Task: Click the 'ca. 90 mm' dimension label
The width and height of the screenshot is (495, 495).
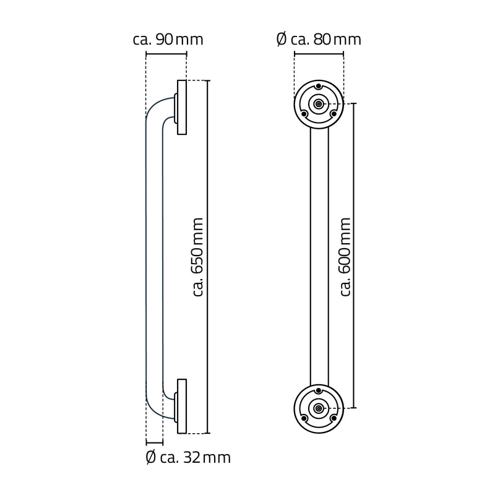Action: click(x=168, y=40)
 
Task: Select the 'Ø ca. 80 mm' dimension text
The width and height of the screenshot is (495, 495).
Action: click(x=318, y=40)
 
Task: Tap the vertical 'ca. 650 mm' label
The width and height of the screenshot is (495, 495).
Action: click(x=198, y=256)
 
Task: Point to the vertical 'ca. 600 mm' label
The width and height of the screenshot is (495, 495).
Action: click(x=346, y=256)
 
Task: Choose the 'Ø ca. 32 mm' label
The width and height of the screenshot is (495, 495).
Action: click(x=187, y=458)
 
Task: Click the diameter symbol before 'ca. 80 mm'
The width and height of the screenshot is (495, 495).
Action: click(x=281, y=40)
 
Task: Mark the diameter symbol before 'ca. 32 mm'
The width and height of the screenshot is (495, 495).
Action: click(x=150, y=458)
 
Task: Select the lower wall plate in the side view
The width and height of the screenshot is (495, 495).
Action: click(x=182, y=406)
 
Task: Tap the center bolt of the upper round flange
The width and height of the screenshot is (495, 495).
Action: click(x=318, y=104)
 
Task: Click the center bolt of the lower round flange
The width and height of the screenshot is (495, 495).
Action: click(x=318, y=408)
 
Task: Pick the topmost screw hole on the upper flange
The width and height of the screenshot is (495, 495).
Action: click(x=318, y=87)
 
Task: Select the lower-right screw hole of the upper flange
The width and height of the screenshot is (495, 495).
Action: click(x=333, y=113)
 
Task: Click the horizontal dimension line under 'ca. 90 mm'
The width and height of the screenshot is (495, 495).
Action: click(x=166, y=54)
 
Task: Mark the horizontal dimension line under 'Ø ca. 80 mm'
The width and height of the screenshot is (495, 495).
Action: click(x=318, y=54)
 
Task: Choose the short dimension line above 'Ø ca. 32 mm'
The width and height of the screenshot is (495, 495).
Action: click(x=154, y=442)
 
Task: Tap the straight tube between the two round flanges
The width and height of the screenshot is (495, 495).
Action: click(x=319, y=256)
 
